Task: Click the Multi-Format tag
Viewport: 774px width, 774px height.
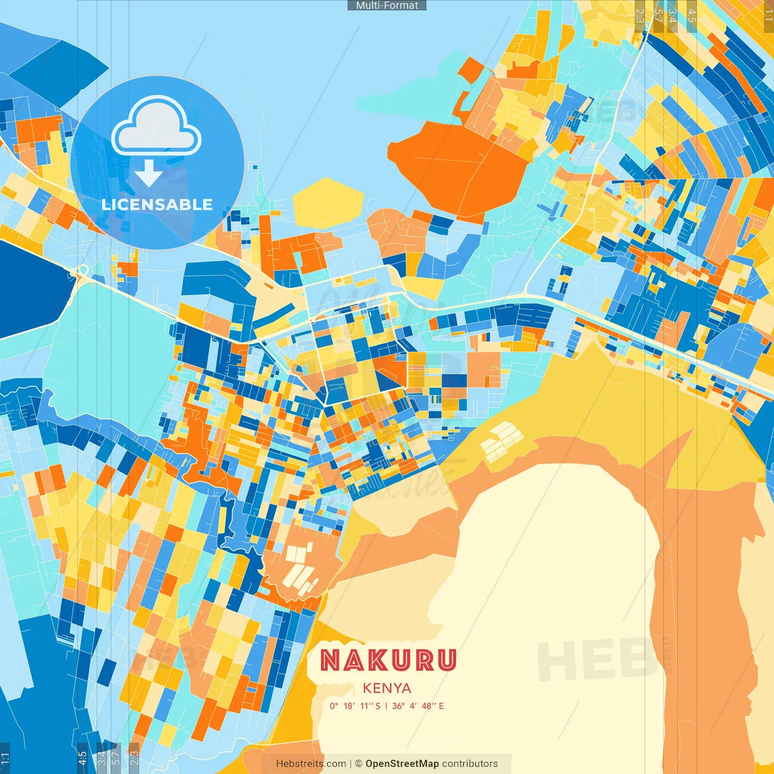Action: [387, 5]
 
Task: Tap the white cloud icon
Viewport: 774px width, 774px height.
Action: [157, 126]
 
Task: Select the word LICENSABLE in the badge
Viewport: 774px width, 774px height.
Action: [157, 204]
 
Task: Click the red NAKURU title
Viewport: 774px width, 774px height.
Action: [388, 660]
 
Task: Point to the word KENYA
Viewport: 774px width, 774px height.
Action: [387, 688]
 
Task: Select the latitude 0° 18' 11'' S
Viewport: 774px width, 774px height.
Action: [355, 706]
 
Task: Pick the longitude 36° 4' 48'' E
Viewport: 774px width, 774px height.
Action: [418, 706]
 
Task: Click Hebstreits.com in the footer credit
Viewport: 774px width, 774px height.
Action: [311, 764]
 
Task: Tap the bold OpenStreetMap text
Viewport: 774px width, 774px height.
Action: [402, 764]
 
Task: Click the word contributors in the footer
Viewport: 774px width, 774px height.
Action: [470, 764]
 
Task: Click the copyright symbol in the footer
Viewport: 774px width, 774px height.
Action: [359, 764]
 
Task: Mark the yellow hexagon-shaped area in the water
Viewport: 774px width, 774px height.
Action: [328, 203]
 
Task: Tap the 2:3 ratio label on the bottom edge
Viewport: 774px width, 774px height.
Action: [134, 758]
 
